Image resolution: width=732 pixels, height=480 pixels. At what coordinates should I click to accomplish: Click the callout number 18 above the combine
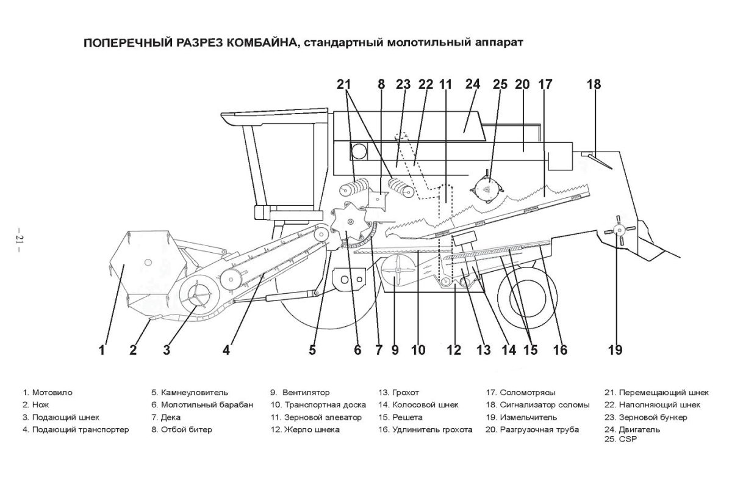click(x=594, y=85)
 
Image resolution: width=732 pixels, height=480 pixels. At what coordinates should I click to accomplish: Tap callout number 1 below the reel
click(x=102, y=350)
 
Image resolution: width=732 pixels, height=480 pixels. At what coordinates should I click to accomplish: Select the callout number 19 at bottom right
click(x=615, y=350)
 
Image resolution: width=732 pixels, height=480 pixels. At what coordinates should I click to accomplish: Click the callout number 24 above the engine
click(x=473, y=85)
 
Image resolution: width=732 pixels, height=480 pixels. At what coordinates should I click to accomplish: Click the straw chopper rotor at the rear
click(x=619, y=231)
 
